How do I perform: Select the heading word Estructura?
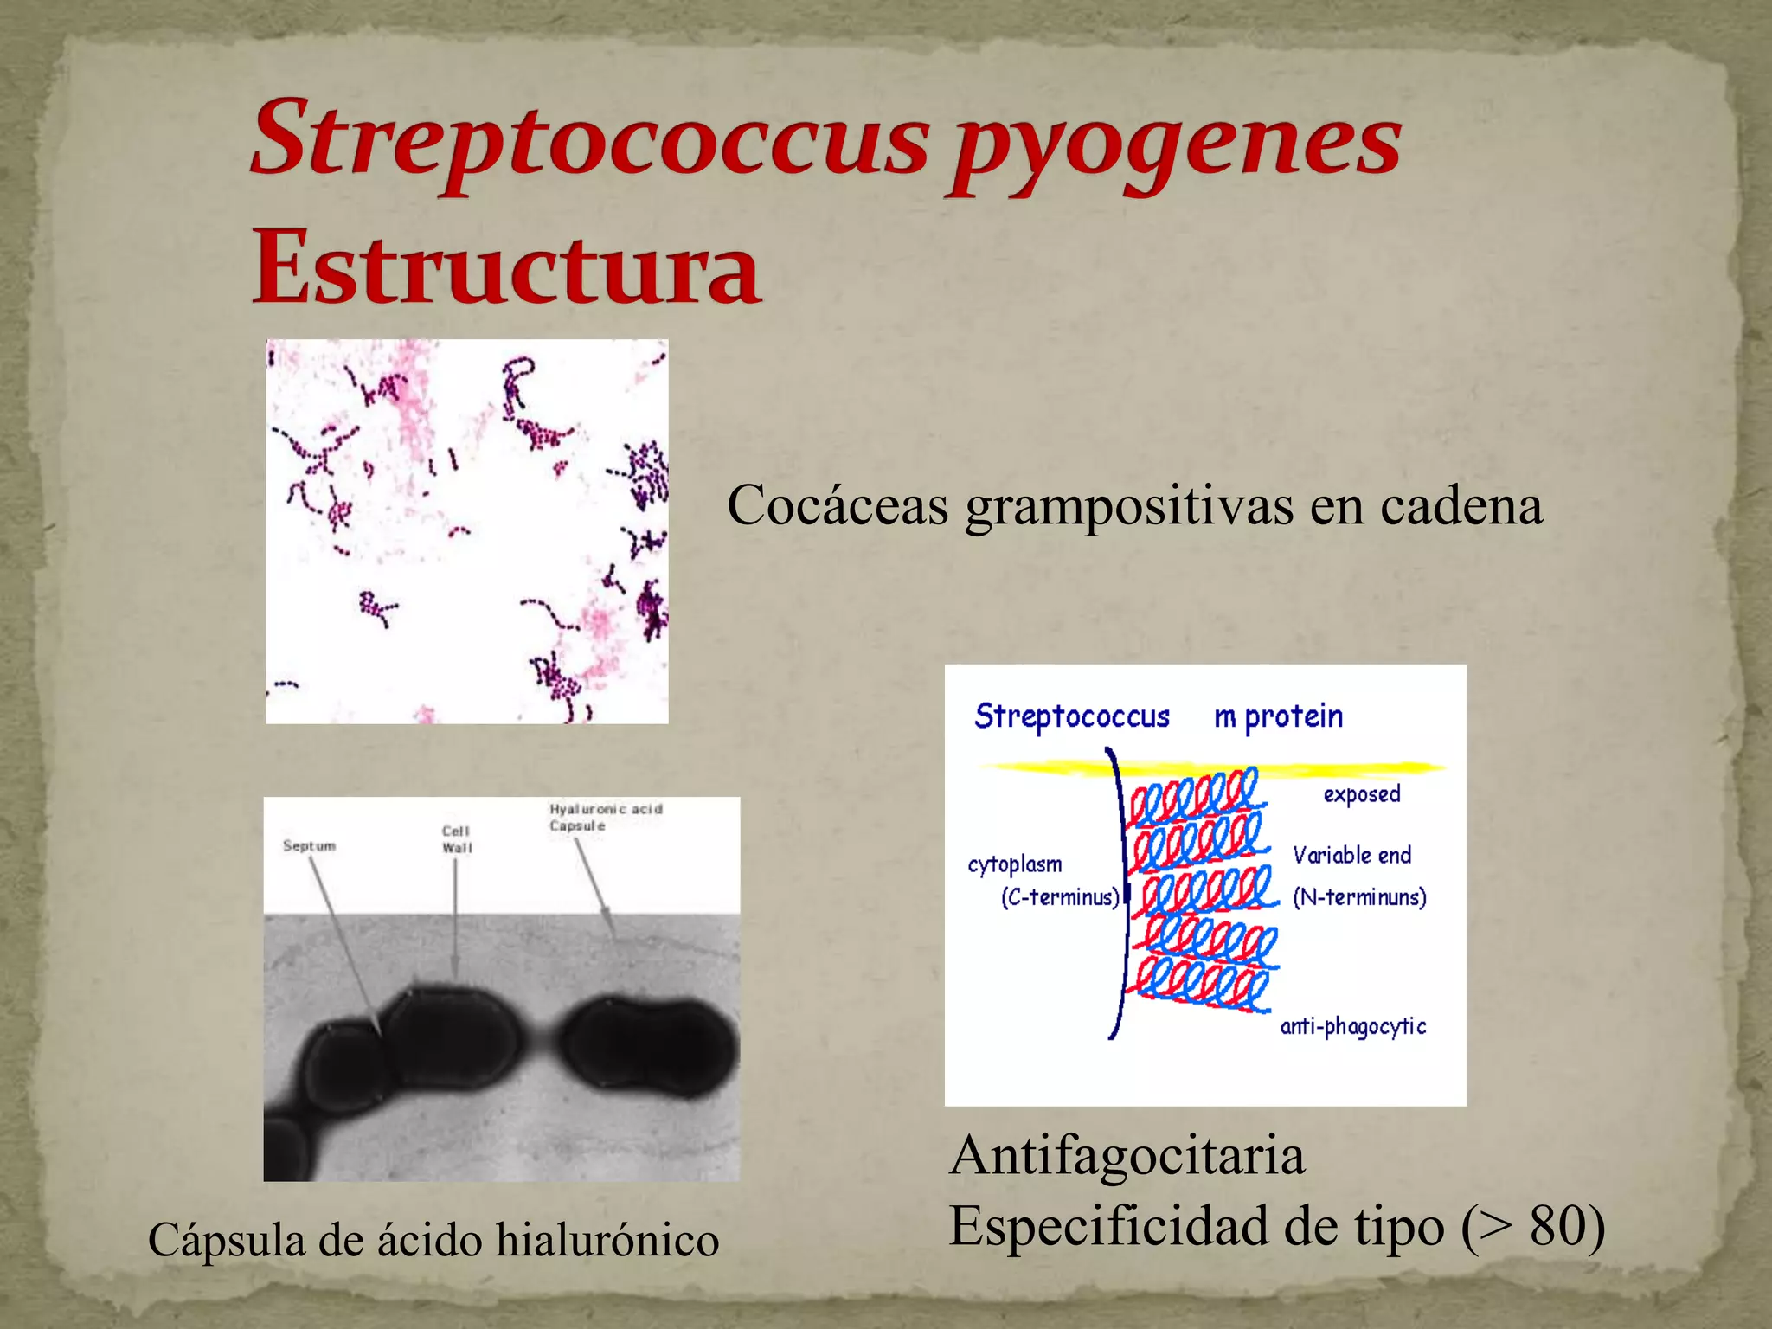tap(506, 268)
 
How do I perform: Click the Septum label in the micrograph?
tap(309, 845)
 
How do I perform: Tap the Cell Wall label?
tap(457, 839)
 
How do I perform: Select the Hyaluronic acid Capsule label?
tap(605, 817)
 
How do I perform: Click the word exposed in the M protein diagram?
tap(1361, 794)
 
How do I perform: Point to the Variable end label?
tap(1351, 855)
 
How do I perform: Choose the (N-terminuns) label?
tap(1359, 897)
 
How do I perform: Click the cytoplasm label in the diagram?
tap(1014, 864)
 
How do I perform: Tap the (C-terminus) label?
tap(1060, 897)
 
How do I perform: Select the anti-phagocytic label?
tap(1352, 1026)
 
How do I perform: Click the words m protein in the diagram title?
tap(1278, 716)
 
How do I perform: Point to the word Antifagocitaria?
tap(1127, 1155)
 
